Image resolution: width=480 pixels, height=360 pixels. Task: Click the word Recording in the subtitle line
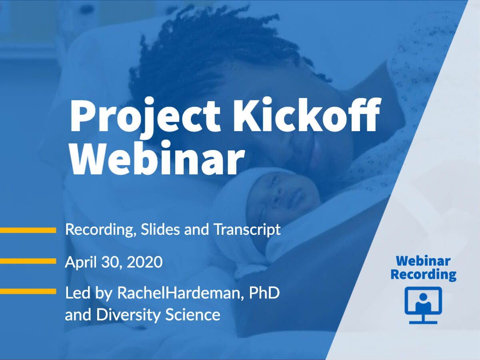tap(101, 230)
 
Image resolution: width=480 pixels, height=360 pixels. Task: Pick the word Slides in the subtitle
tap(160, 229)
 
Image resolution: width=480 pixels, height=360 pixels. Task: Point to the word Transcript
tap(247, 230)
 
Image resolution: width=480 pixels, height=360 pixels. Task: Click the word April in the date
tap(81, 262)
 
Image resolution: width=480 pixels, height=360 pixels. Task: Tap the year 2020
tap(145, 262)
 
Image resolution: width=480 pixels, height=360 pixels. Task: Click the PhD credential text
tap(264, 292)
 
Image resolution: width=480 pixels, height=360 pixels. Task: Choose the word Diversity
tap(128, 315)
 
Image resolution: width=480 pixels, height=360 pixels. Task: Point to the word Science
tap(193, 314)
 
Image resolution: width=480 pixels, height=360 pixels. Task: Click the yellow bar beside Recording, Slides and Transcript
tap(28, 230)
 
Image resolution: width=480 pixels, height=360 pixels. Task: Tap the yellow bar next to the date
tap(28, 261)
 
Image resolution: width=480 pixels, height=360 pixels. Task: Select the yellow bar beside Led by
tap(28, 291)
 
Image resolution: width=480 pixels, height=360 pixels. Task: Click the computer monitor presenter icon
tap(423, 305)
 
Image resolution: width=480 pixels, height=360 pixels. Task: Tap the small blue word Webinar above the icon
tap(423, 261)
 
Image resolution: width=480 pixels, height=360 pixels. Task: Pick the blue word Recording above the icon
tap(423, 274)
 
